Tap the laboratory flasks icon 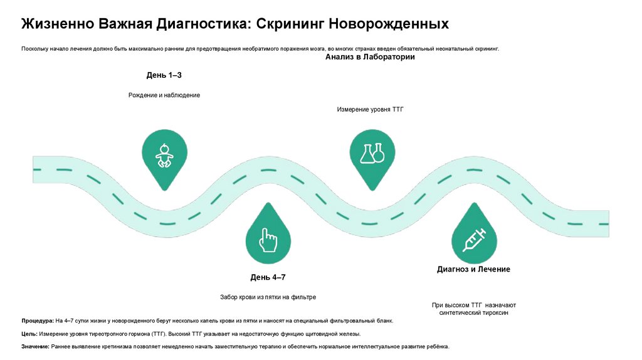pyautogui.click(x=371, y=153)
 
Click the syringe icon pyautogui.click(x=474, y=240)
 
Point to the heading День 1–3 pyautogui.click(x=164, y=75)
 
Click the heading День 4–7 pyautogui.click(x=268, y=277)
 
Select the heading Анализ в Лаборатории pyautogui.click(x=370, y=57)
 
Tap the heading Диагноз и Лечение pyautogui.click(x=473, y=269)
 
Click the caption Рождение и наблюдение pyautogui.click(x=164, y=95)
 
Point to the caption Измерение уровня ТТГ pyautogui.click(x=371, y=109)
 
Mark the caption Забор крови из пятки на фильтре pyautogui.click(x=268, y=297)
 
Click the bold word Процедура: pyautogui.click(x=38, y=320)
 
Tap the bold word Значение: pyautogui.click(x=36, y=347)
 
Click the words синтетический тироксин pyautogui.click(x=474, y=312)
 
